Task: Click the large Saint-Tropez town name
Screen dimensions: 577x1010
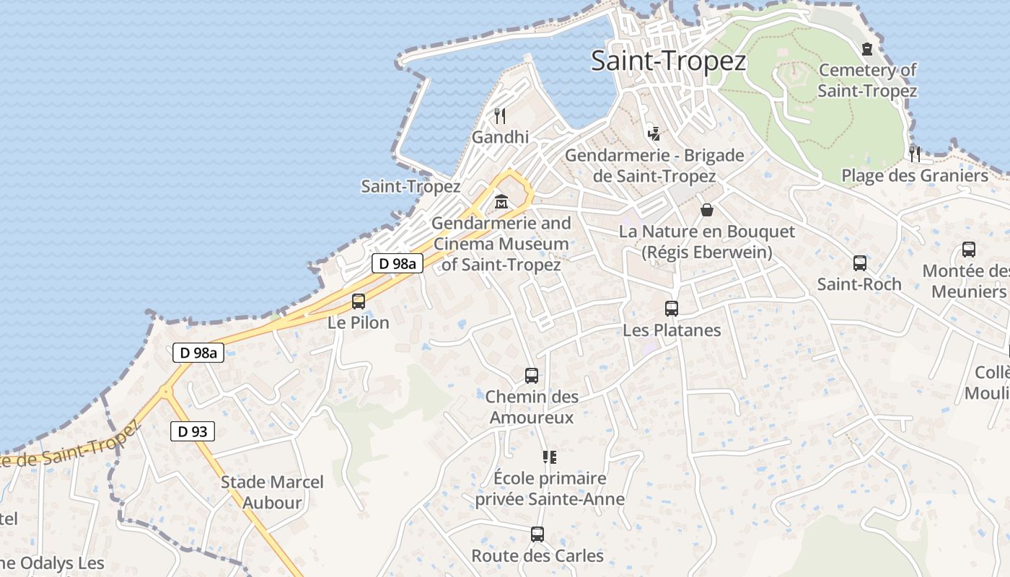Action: (668, 61)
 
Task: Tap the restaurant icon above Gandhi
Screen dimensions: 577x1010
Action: (500, 115)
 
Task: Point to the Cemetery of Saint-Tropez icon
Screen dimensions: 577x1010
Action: (867, 49)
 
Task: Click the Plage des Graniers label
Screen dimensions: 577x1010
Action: (915, 176)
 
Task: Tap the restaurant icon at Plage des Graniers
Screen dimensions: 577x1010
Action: (915, 154)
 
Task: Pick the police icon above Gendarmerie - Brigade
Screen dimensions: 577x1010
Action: (654, 133)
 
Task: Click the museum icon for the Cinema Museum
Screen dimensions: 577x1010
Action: (501, 202)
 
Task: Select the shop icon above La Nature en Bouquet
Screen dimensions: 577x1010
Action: (707, 210)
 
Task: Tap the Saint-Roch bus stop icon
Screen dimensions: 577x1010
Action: (859, 263)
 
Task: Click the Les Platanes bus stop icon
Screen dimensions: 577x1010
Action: (672, 309)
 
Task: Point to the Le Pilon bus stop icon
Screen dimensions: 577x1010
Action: (359, 301)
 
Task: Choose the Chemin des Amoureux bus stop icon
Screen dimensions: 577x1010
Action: (532, 376)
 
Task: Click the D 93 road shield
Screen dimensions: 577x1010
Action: (193, 432)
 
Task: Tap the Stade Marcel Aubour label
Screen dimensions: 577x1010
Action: (272, 492)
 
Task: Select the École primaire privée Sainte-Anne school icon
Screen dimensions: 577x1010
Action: (550, 457)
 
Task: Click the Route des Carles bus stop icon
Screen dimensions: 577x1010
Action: (537, 534)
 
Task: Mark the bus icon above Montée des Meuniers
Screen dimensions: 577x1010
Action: (969, 250)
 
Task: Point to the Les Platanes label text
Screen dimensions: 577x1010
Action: (672, 330)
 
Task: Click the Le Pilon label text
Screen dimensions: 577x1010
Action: (359, 322)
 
